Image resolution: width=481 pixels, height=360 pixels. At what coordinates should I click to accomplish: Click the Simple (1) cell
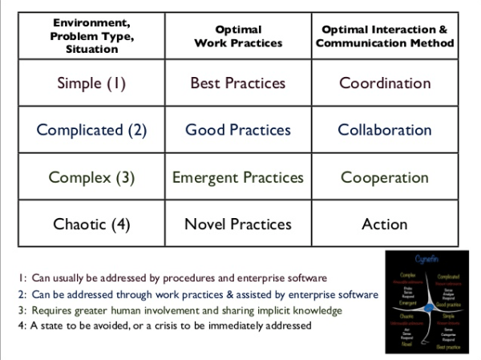(91, 83)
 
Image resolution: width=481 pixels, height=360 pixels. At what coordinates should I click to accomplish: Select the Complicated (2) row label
(91, 130)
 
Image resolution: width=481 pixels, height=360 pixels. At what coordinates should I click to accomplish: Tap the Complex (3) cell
(91, 177)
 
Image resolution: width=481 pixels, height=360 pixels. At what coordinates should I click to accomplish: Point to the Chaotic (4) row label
(91, 224)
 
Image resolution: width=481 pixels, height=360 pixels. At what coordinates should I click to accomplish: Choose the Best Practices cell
(237, 83)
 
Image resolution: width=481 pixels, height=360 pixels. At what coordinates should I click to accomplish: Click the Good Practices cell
(237, 130)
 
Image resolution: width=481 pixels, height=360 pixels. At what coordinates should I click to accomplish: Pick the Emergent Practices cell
(237, 177)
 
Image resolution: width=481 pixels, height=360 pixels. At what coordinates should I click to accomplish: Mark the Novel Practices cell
(237, 224)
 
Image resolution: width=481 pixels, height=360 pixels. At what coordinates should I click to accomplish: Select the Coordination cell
(384, 83)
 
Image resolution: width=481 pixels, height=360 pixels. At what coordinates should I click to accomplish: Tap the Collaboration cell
(384, 130)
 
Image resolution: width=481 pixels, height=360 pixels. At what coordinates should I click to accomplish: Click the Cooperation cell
(384, 177)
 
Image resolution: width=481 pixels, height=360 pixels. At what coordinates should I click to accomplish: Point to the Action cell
(384, 224)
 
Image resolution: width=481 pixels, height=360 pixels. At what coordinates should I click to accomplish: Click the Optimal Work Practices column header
(237, 36)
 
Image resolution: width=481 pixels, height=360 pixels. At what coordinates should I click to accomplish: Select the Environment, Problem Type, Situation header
(91, 36)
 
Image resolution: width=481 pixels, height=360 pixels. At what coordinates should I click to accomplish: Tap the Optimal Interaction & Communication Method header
(384, 36)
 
